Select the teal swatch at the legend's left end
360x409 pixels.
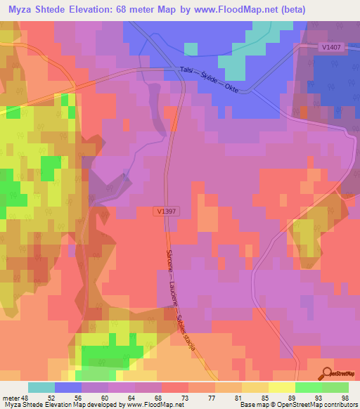pos(41,387)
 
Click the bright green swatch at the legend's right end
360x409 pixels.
pos(335,387)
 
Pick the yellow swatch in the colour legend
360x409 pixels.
pos(281,387)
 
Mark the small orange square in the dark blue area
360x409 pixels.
pos(304,112)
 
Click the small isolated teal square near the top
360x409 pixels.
pos(191,48)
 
